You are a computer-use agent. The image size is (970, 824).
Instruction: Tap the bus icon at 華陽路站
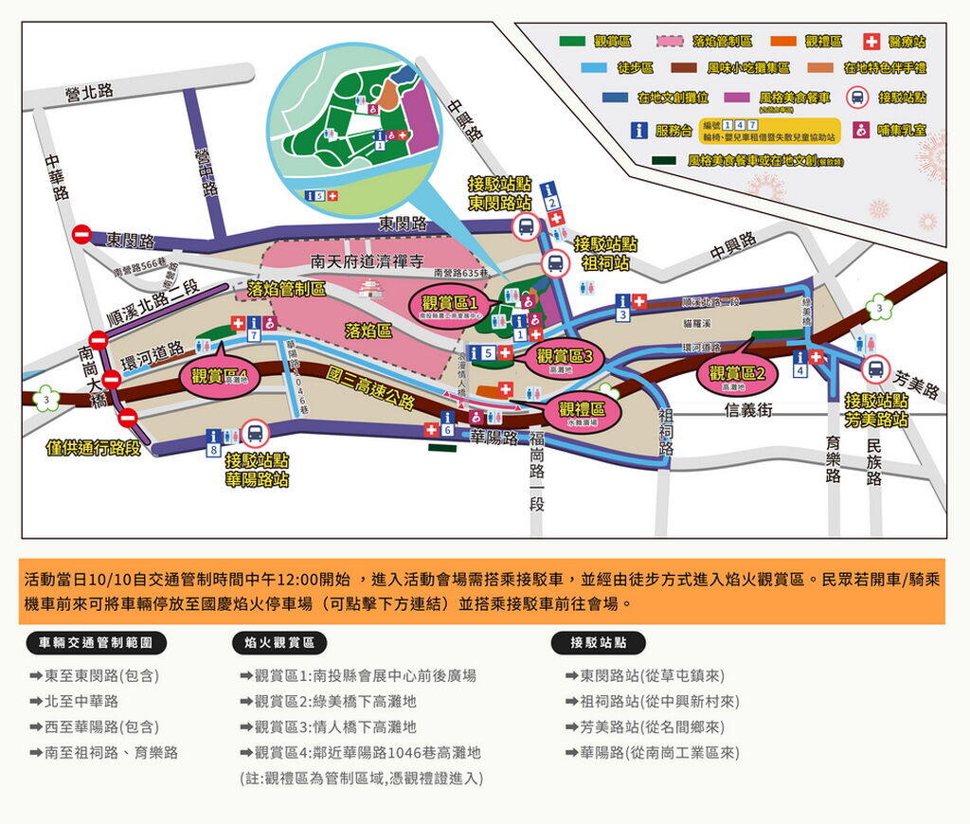(x=253, y=434)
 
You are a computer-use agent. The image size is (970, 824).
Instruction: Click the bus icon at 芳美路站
(x=876, y=369)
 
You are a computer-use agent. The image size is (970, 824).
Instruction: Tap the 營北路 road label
(x=90, y=92)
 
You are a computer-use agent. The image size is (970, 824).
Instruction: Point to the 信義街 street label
(x=748, y=410)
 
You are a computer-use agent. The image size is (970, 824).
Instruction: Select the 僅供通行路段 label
(x=93, y=447)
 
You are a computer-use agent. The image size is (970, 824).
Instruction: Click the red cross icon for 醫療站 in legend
(x=871, y=42)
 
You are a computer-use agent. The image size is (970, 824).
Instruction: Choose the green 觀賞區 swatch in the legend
(x=572, y=42)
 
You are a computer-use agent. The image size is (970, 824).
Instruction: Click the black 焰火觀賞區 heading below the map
(x=279, y=643)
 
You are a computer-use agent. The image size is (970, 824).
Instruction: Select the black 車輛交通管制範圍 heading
(x=96, y=643)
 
